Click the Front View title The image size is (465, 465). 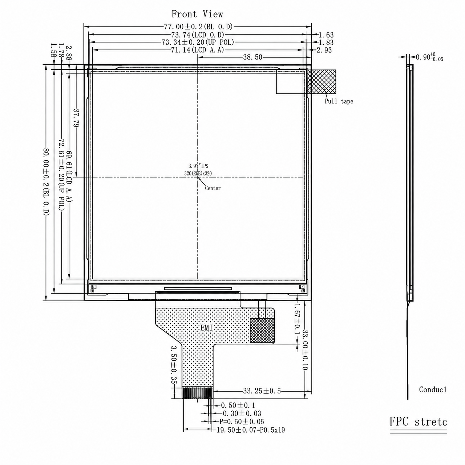[197, 14]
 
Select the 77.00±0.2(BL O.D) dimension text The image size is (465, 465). [198, 27]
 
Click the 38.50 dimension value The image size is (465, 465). [252, 57]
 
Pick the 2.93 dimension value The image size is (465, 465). [324, 50]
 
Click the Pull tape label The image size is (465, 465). [339, 101]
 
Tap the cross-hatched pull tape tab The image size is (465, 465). [322, 82]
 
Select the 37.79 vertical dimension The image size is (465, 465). [76, 118]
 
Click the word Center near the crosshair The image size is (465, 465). [213, 188]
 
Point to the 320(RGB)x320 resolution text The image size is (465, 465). [198, 173]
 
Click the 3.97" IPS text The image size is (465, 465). [198, 166]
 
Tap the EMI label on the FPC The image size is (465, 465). [207, 328]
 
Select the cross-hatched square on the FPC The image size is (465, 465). [262, 330]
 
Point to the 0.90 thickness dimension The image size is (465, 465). [429, 57]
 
